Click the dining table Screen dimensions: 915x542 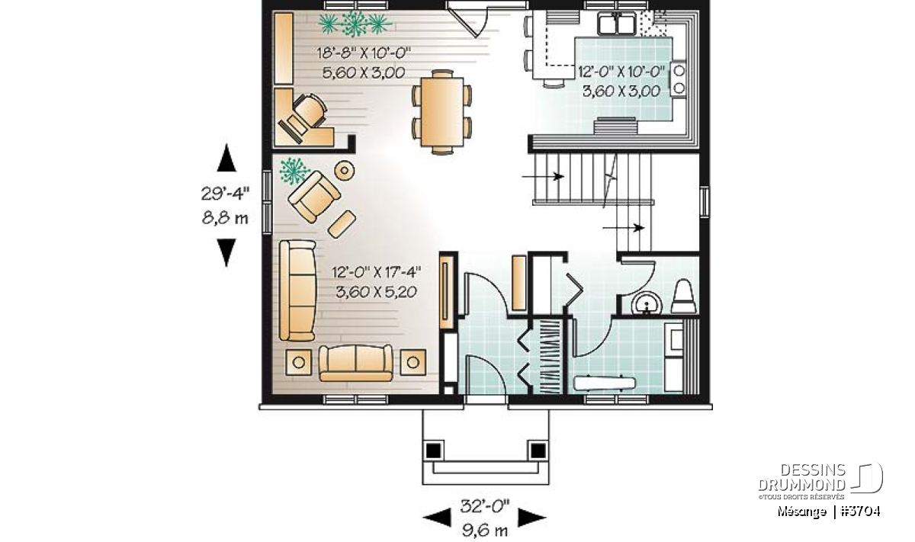tap(442, 111)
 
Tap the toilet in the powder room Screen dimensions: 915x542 tap(684, 296)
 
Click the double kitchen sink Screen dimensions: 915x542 tap(616, 24)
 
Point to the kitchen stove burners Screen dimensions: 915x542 tap(679, 79)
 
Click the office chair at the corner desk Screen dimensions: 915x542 tap(308, 111)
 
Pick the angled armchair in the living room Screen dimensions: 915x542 tap(313, 197)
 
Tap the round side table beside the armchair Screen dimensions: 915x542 tap(345, 170)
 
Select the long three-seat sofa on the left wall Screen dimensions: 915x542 tap(297, 290)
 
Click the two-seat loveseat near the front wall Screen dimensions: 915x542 tap(355, 363)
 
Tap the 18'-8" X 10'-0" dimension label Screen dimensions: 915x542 tap(364, 53)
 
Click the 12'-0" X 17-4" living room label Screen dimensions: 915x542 tap(376, 271)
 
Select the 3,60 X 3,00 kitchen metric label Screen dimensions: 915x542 tap(621, 91)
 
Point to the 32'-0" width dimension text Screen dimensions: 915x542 tap(485, 506)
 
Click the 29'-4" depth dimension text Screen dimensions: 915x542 tap(225, 193)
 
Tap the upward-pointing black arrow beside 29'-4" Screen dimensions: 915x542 tap(226, 158)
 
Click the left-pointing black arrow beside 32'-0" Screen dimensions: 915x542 tap(437, 518)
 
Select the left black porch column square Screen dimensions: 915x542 tap(433, 451)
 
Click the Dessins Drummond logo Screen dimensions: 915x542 tap(820, 481)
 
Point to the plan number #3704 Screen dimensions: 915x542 tap(860, 512)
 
